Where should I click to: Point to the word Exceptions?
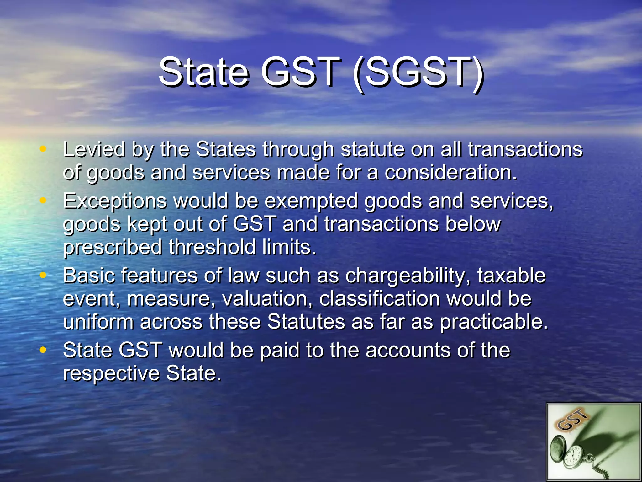coord(114,201)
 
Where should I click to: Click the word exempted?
coord(311,201)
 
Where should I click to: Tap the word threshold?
coord(212,247)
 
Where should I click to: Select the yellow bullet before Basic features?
coord(43,275)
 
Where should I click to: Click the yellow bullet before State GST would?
coord(43,350)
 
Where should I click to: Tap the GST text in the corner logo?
coord(572,420)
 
